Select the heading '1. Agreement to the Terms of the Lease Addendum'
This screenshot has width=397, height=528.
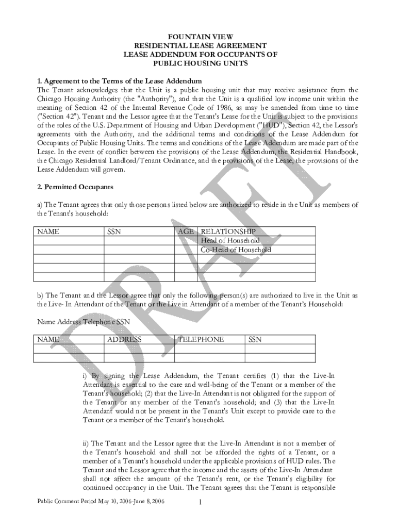pos(119,81)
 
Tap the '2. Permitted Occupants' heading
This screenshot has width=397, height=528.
pos(75,186)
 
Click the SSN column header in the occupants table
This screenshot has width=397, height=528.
pos(114,232)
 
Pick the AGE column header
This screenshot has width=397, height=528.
pos(186,232)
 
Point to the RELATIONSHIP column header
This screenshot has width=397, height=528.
pos(228,232)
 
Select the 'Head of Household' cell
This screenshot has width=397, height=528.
pos(230,241)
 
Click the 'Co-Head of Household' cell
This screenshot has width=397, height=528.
pos(236,250)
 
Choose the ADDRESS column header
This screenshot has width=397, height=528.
pos(124,339)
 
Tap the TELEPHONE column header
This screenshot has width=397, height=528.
pos(201,339)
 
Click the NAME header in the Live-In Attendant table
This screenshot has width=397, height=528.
pos(48,339)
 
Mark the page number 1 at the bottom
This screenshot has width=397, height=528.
pos(198,503)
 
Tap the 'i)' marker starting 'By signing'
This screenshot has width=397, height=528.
pos(86,375)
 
